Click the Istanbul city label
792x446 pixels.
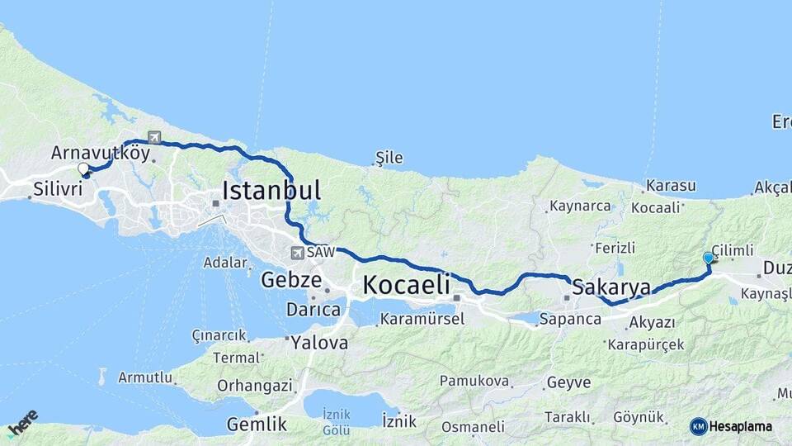tap(271, 191)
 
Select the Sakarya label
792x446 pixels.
tap(611, 287)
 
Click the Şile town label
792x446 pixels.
tap(388, 156)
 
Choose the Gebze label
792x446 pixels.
tap(290, 280)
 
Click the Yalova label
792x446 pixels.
tap(319, 342)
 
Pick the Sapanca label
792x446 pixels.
tap(569, 318)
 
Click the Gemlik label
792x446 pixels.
tap(257, 425)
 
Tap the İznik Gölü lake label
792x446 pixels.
tap(336, 421)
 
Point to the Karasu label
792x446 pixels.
tap(671, 186)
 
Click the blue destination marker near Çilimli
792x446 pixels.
tap(708, 259)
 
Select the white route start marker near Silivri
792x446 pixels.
tap(83, 169)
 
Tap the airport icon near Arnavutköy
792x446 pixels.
tap(154, 137)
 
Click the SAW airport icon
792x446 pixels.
tap(296, 254)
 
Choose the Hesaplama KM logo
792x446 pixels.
tap(731, 426)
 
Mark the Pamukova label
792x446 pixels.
tap(469, 381)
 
